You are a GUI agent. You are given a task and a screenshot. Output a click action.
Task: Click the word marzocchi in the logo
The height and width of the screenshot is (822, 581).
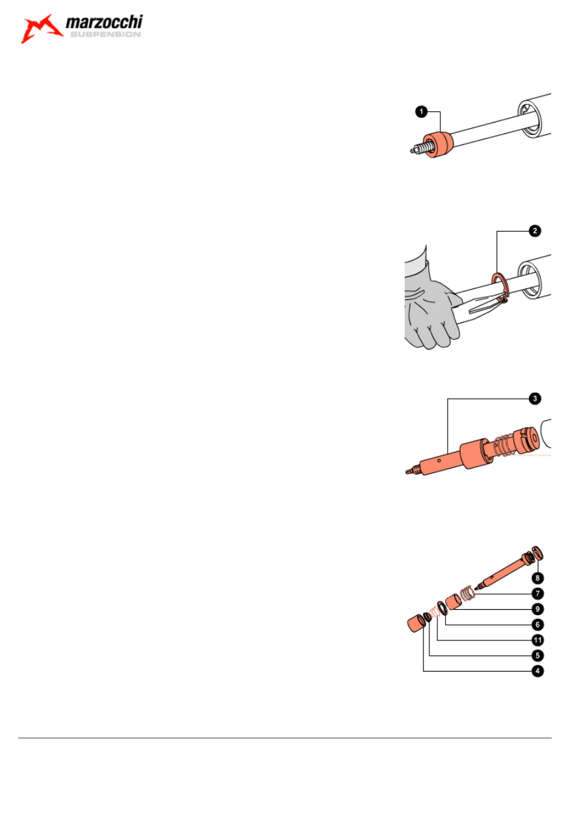pyautogui.click(x=104, y=22)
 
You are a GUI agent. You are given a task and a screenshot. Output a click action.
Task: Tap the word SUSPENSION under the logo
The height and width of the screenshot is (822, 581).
pyautogui.click(x=105, y=34)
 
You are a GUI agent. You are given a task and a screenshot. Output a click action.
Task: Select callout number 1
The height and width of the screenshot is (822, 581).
pyautogui.click(x=422, y=111)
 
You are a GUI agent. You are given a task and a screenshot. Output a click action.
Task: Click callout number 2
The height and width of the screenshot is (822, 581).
pyautogui.click(x=535, y=231)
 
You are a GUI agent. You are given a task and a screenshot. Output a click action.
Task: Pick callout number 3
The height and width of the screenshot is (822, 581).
pyautogui.click(x=535, y=398)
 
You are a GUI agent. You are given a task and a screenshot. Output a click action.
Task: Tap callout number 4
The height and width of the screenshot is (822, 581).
pyautogui.click(x=537, y=671)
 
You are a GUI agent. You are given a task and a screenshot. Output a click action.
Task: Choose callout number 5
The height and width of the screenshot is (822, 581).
pyautogui.click(x=537, y=655)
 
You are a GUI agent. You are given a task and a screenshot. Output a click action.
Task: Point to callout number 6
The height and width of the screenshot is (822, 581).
pyautogui.click(x=537, y=625)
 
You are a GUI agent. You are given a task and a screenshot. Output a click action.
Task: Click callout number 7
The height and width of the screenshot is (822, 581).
pyautogui.click(x=537, y=594)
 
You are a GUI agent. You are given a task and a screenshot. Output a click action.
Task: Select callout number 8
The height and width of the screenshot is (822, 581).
pyautogui.click(x=537, y=578)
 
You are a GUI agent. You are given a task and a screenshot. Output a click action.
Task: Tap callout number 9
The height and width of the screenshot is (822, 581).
pyautogui.click(x=537, y=609)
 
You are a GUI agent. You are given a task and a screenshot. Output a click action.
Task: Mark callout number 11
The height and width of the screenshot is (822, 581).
pyautogui.click(x=537, y=640)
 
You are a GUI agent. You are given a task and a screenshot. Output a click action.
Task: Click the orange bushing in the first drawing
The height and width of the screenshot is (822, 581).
pyautogui.click(x=439, y=144)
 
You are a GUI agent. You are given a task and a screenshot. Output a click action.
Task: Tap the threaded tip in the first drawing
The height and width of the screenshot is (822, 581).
pyautogui.click(x=418, y=150)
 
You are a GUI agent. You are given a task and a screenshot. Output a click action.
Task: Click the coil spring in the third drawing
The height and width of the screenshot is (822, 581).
pyautogui.click(x=502, y=446)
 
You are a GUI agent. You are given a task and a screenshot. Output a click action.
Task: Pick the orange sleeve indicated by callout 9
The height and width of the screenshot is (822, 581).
pyautogui.click(x=453, y=602)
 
